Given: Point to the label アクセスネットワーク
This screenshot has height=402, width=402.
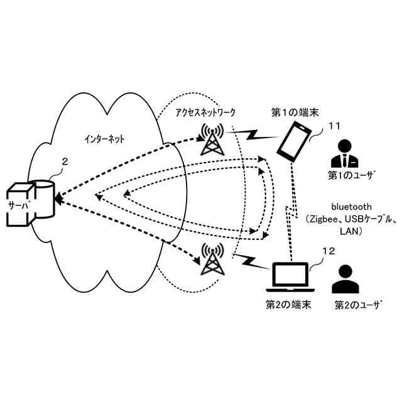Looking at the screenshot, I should click(x=205, y=112).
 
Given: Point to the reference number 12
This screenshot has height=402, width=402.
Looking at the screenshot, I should click(x=329, y=251).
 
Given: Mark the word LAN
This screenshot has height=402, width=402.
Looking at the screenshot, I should click(x=349, y=232).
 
